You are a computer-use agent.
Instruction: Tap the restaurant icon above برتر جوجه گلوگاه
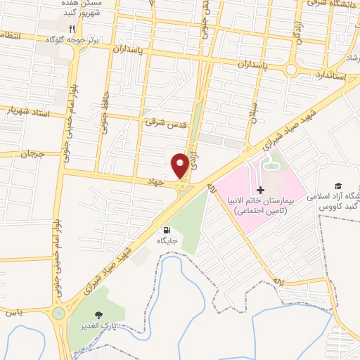click(x=72, y=30)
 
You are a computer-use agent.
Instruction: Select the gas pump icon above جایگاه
click(x=167, y=229)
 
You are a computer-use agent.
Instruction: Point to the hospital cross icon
click(x=260, y=191)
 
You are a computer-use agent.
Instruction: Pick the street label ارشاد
click(x=349, y=60)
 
